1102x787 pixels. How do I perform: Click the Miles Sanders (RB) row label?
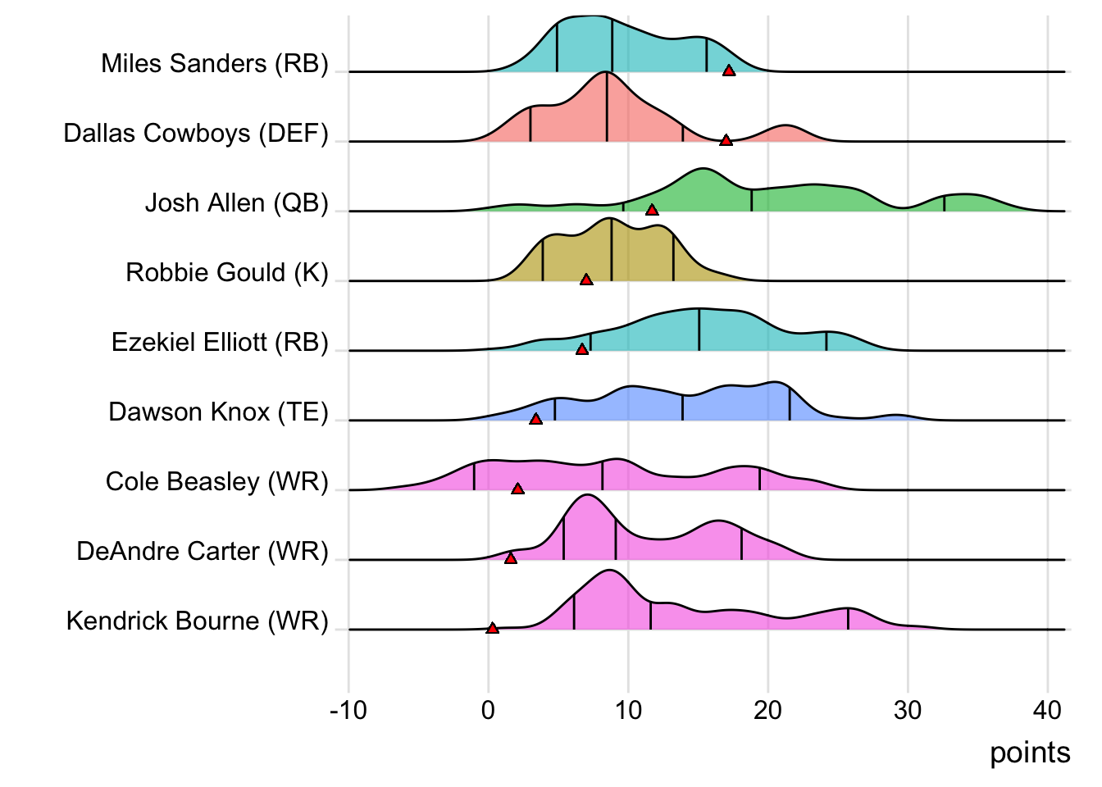(215, 64)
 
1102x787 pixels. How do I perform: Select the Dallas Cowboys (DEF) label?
(196, 134)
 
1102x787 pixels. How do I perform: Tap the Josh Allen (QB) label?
(237, 203)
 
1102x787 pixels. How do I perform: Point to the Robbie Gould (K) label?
(227, 273)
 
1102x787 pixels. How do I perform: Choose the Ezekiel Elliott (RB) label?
(220, 343)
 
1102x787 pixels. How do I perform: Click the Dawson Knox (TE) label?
(218, 412)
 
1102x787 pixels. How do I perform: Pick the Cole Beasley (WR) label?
(217, 482)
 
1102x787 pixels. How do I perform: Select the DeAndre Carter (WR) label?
(203, 552)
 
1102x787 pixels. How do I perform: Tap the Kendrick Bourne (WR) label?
(197, 621)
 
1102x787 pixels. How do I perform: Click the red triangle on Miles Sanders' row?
(729, 71)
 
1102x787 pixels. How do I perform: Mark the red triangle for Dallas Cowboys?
(726, 141)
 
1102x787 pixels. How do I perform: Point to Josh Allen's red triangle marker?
(652, 211)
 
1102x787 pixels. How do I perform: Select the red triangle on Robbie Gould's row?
(586, 280)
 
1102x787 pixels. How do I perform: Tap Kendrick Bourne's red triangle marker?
(492, 629)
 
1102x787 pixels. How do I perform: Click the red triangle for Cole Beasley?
(517, 489)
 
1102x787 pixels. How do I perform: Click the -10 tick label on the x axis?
(348, 710)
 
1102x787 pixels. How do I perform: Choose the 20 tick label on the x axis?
(768, 710)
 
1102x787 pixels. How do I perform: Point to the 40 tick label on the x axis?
(1048, 710)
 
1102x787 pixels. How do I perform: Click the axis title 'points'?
(1030, 753)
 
